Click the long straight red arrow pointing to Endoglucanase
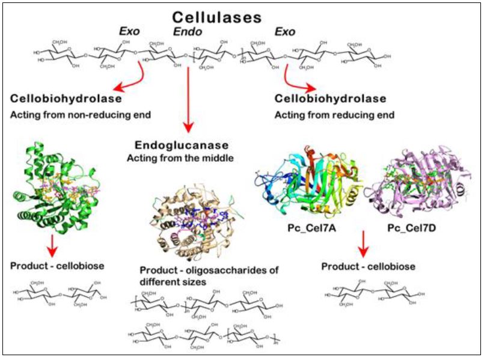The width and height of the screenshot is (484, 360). pos(189,99)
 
